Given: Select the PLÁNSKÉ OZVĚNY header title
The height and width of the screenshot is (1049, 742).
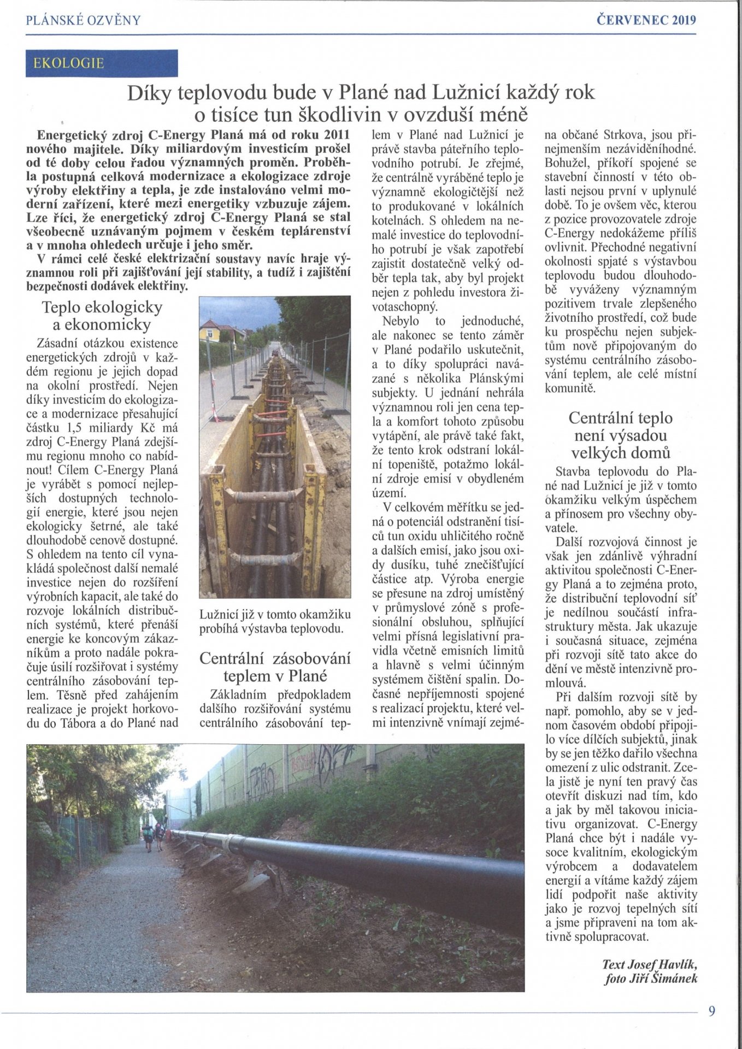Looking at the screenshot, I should [x=83, y=21].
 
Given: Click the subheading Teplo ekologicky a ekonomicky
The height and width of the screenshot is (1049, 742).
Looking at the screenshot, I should [x=102, y=316].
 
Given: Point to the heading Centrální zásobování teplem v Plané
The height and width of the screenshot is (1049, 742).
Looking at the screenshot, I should [x=275, y=667].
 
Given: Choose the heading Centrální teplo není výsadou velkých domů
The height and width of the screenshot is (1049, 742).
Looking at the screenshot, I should [x=621, y=435].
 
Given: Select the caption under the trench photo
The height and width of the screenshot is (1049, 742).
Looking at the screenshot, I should [x=275, y=622].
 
